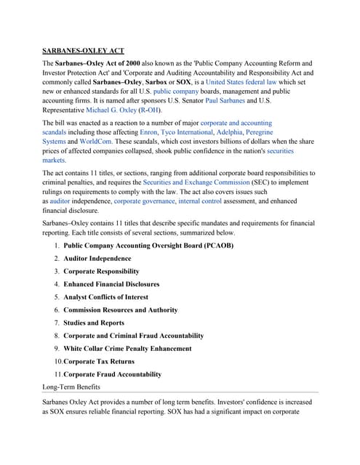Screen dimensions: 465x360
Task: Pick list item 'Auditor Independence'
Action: pyautogui.click(x=97, y=259)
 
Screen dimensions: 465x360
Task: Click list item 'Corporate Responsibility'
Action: pyautogui.click(x=101, y=271)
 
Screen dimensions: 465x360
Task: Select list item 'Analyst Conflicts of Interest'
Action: pyautogui.click(x=105, y=297)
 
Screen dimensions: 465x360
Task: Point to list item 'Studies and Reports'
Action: pyautogui.click(x=94, y=323)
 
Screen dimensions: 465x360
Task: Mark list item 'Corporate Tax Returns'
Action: pyautogui.click(x=99, y=361)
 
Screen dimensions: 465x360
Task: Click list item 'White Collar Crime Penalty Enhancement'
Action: pyautogui.click(x=127, y=349)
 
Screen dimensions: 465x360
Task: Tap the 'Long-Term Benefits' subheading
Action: pyautogui.click(x=72, y=387)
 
